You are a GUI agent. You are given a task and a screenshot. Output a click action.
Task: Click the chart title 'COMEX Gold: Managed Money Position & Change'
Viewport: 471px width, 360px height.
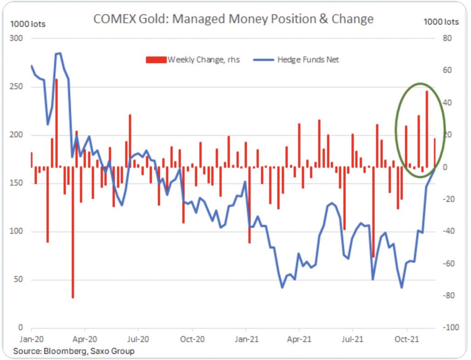(233, 19)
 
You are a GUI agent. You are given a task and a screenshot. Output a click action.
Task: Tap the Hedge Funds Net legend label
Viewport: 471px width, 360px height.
(308, 60)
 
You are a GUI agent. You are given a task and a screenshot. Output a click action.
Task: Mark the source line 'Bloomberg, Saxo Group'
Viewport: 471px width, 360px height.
(74, 351)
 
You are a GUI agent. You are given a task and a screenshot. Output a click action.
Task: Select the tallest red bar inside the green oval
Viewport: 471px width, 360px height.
(427, 129)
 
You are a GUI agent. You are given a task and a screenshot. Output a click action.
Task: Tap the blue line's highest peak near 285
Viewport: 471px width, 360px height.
(58, 53)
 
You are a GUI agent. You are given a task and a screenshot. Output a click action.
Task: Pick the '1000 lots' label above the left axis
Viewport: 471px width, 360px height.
(28, 24)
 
